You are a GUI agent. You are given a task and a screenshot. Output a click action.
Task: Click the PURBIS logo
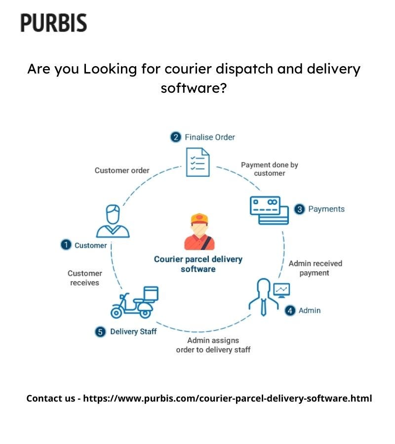[x=53, y=23]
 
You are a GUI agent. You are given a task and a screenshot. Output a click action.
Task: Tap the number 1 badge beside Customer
[x=66, y=245]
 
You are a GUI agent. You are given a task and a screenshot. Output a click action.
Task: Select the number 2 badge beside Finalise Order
[x=175, y=137]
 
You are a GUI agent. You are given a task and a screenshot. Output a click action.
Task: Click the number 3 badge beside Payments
[x=299, y=209]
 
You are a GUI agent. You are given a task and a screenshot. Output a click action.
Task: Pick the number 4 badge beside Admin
[x=290, y=310]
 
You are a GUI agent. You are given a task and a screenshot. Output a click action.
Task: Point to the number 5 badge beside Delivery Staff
[x=100, y=332]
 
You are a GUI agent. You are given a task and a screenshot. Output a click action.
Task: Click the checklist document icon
[x=197, y=162]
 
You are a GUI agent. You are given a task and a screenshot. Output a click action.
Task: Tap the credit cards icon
[x=269, y=210]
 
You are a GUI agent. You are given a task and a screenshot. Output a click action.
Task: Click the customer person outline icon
[x=113, y=222]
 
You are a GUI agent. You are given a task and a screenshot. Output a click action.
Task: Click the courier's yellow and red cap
[x=199, y=218]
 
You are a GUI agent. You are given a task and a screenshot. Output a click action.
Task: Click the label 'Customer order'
[x=122, y=170]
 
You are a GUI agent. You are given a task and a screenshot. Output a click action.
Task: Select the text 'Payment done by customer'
[x=270, y=169]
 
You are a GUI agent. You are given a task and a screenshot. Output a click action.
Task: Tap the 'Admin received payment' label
[x=315, y=268]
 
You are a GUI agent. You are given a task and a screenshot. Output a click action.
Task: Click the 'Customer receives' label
[x=85, y=278]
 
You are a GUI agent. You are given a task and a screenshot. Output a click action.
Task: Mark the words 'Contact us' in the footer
[x=50, y=398]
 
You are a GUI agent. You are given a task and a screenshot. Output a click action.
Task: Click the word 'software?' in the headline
[x=194, y=89]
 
